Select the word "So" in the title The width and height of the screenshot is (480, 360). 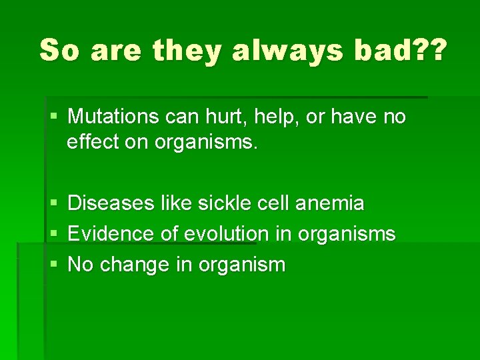click(61, 51)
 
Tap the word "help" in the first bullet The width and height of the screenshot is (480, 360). click(273, 117)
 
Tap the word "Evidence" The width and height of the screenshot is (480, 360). click(112, 233)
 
